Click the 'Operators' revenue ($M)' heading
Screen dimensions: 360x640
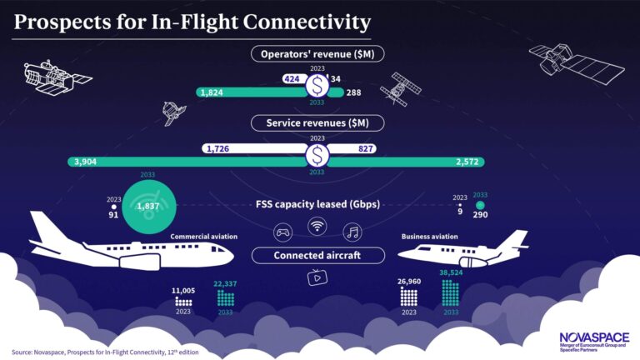point(317,53)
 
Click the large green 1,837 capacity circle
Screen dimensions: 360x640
point(149,206)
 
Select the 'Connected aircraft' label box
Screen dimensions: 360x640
point(317,255)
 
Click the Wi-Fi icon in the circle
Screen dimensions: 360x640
point(317,226)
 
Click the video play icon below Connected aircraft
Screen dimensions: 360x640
point(317,278)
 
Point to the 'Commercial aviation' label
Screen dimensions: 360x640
point(204,237)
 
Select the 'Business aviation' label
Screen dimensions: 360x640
point(429,237)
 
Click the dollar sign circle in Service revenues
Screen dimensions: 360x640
point(317,155)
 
